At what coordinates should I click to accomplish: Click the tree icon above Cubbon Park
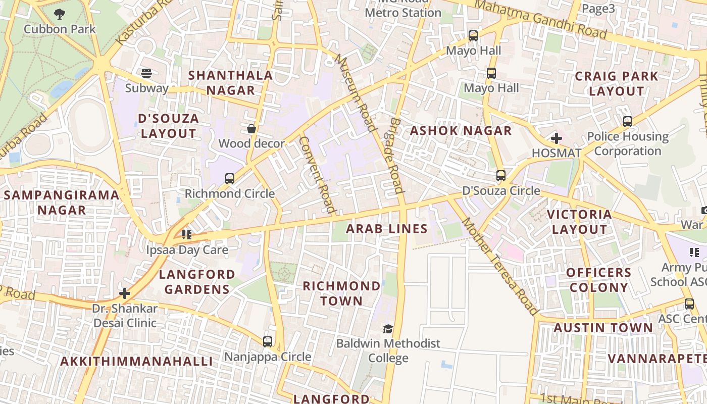coord(60,14)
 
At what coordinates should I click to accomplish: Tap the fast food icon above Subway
coord(146,73)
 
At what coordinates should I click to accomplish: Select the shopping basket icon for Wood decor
coord(251,129)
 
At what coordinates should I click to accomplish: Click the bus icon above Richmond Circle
coord(230,178)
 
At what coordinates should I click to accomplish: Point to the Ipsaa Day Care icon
coord(187,235)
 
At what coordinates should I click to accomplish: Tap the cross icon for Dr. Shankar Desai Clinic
coord(125,293)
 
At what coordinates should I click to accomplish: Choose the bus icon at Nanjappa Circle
coord(268,342)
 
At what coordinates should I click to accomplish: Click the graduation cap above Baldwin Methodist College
coord(388,329)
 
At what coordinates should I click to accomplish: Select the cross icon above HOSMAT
coord(557,138)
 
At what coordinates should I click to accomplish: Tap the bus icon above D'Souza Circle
coord(501,176)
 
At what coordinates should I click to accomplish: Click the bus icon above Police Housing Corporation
coord(628,122)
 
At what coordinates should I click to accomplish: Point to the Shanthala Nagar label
coord(230,83)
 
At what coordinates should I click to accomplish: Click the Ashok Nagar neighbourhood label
coord(461,131)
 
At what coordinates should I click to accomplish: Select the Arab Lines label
coord(387,229)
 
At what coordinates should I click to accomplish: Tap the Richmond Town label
coord(342,293)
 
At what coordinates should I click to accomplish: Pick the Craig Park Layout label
coord(617,84)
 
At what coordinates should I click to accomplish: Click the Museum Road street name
coord(356,92)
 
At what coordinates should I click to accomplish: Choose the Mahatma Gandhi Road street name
coord(540,19)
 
